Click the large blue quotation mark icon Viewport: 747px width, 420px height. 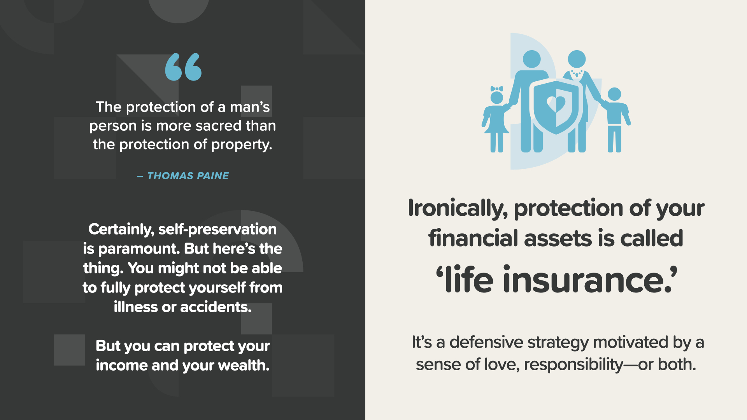point(183,67)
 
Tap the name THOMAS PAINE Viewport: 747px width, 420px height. point(188,176)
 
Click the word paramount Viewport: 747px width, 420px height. point(139,249)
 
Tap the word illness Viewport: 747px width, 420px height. point(135,307)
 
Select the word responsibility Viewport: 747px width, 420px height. point(573,365)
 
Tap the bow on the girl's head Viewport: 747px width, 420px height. point(497,89)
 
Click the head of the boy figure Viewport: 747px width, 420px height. point(614,94)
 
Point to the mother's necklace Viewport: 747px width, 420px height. point(577,73)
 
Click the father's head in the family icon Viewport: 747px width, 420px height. point(532,59)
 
